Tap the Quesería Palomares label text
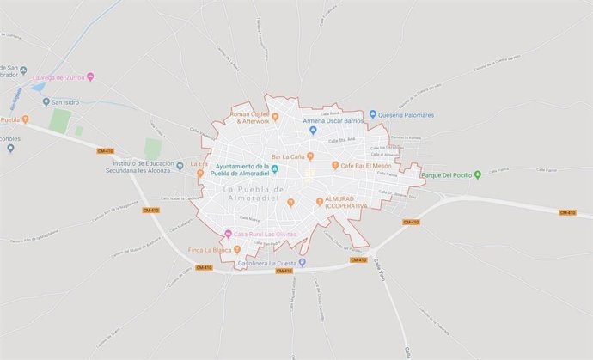click(409, 114)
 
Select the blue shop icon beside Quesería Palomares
click(373, 114)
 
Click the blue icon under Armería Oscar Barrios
click(314, 131)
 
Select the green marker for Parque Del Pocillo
click(478, 175)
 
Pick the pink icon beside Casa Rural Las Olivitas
click(228, 234)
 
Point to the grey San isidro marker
click(46, 102)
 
